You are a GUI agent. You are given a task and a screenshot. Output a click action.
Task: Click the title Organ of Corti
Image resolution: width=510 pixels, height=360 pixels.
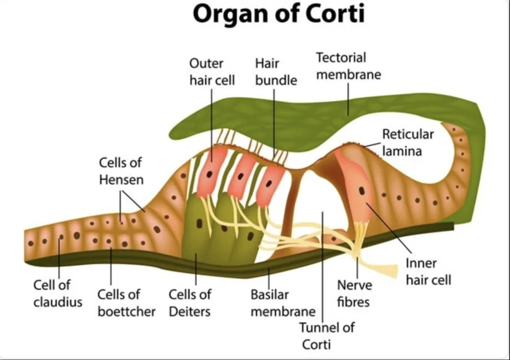278,14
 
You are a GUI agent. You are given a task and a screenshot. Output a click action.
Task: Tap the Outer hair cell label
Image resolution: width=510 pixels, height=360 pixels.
212,71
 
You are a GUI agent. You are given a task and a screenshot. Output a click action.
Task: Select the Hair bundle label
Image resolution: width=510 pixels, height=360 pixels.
276,71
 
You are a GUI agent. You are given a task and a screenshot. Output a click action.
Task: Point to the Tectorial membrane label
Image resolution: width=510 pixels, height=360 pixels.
348,66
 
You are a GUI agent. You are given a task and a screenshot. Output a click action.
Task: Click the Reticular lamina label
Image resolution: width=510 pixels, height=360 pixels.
408,143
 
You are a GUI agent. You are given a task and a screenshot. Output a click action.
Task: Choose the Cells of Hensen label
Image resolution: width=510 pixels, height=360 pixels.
121,171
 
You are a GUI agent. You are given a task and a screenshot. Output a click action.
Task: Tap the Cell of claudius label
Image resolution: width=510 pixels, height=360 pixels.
57,293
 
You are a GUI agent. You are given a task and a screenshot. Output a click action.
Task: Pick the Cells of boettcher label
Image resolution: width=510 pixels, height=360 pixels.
126,303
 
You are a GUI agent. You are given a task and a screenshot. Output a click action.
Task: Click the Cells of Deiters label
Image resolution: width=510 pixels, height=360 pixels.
190,303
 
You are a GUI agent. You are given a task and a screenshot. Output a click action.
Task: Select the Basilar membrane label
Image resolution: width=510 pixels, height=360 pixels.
283,303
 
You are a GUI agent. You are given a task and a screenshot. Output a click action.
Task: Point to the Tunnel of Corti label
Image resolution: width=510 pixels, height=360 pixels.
326,336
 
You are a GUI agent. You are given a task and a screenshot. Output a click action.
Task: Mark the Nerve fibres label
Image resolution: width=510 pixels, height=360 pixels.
354,293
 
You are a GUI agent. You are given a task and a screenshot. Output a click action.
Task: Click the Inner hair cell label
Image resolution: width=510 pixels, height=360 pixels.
428,271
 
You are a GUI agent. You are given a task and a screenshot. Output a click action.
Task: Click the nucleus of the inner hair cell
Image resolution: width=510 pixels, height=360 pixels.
362,191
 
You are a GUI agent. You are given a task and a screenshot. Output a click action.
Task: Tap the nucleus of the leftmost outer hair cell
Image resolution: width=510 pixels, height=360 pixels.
210,175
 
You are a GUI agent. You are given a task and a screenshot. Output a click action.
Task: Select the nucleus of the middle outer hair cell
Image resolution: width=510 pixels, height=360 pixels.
240,177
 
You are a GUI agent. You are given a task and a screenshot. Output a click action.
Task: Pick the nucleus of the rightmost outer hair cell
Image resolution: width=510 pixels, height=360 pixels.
268,184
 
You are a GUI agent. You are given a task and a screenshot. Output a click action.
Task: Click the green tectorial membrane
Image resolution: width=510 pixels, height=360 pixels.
327,109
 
